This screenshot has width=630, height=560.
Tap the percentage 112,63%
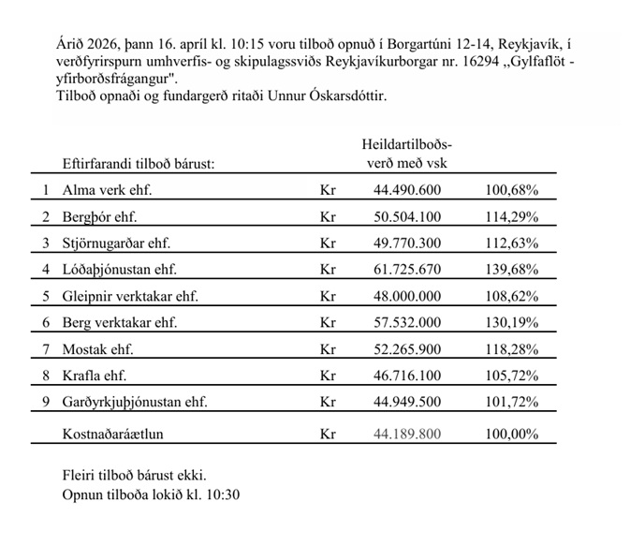(511, 243)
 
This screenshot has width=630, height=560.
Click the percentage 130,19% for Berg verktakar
(511, 322)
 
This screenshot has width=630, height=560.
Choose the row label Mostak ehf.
(98, 349)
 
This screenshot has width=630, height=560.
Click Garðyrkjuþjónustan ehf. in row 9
(134, 402)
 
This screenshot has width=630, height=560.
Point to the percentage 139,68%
(511, 270)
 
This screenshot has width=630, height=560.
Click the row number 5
(45, 296)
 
